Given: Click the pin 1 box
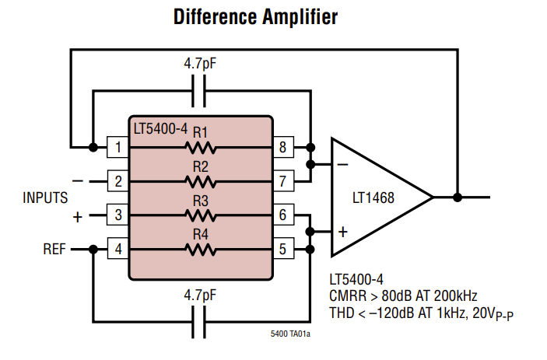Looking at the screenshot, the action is pyautogui.click(x=117, y=147).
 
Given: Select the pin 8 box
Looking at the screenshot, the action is pyautogui.click(x=283, y=147).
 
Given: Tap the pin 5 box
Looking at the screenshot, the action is pyautogui.click(x=283, y=249).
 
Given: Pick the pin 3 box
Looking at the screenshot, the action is pyautogui.click(x=117, y=215).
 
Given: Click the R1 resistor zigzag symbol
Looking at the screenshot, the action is pyautogui.click(x=201, y=148).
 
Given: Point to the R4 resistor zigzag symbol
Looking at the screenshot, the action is pyautogui.click(x=201, y=250).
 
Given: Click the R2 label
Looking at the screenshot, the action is pyautogui.click(x=201, y=167).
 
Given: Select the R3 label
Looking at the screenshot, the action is pyautogui.click(x=201, y=201).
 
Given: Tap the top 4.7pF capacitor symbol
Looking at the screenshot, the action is pyautogui.click(x=199, y=91).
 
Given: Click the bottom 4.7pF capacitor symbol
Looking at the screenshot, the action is pyautogui.click(x=199, y=322).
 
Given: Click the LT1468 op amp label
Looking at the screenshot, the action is pyautogui.click(x=373, y=198).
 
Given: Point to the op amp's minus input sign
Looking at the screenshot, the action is pyautogui.click(x=343, y=164).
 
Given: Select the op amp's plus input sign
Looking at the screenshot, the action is pyautogui.click(x=343, y=232).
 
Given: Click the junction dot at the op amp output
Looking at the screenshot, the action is pyautogui.click(x=458, y=197).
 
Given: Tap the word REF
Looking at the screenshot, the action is pyautogui.click(x=54, y=249).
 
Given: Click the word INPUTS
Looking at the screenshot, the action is pyautogui.click(x=45, y=197).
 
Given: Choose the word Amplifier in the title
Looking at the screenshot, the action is pyautogui.click(x=300, y=17).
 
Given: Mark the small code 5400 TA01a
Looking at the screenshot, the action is pyautogui.click(x=290, y=334).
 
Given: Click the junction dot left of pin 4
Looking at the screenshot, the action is pyautogui.click(x=93, y=249).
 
